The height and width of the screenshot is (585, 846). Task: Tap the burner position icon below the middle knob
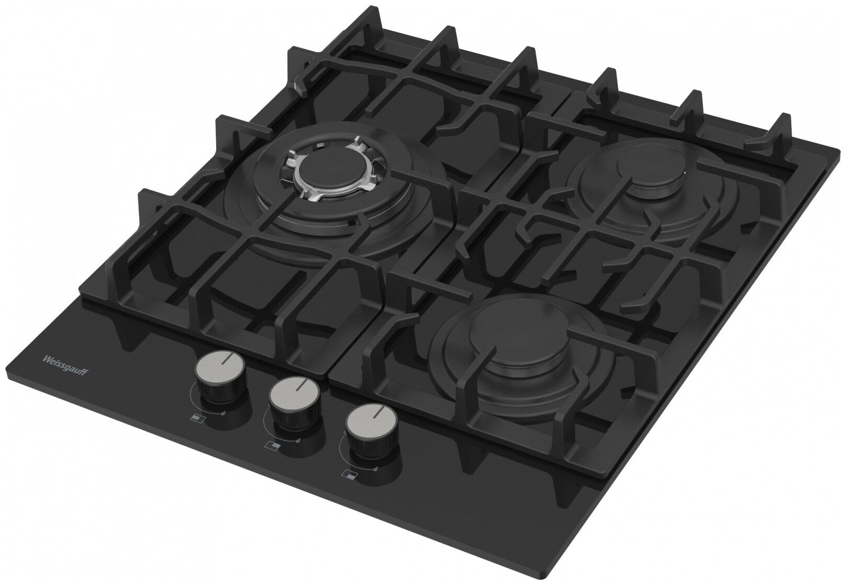coord(273,446)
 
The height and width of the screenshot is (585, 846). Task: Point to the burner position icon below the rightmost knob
coord(349,476)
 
